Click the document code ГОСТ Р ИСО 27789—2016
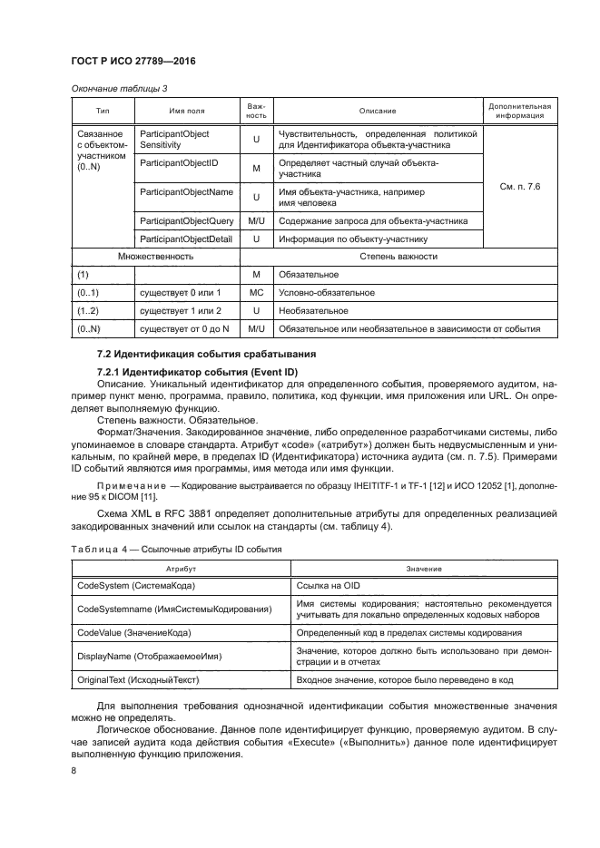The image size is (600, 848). coord(133,61)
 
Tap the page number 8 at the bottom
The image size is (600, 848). coord(74,771)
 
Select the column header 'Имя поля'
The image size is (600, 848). coord(186,111)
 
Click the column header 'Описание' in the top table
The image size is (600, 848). coord(377,111)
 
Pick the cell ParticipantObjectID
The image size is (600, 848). coord(175,162)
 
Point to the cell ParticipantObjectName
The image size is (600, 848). coord(186,192)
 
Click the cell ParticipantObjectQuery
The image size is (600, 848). coord(187,221)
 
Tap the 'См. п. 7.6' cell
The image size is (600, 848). coord(520,186)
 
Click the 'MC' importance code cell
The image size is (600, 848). coord(256,292)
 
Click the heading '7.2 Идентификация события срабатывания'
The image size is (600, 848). coord(193,352)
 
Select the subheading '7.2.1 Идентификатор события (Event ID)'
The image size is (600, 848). coord(192,373)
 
